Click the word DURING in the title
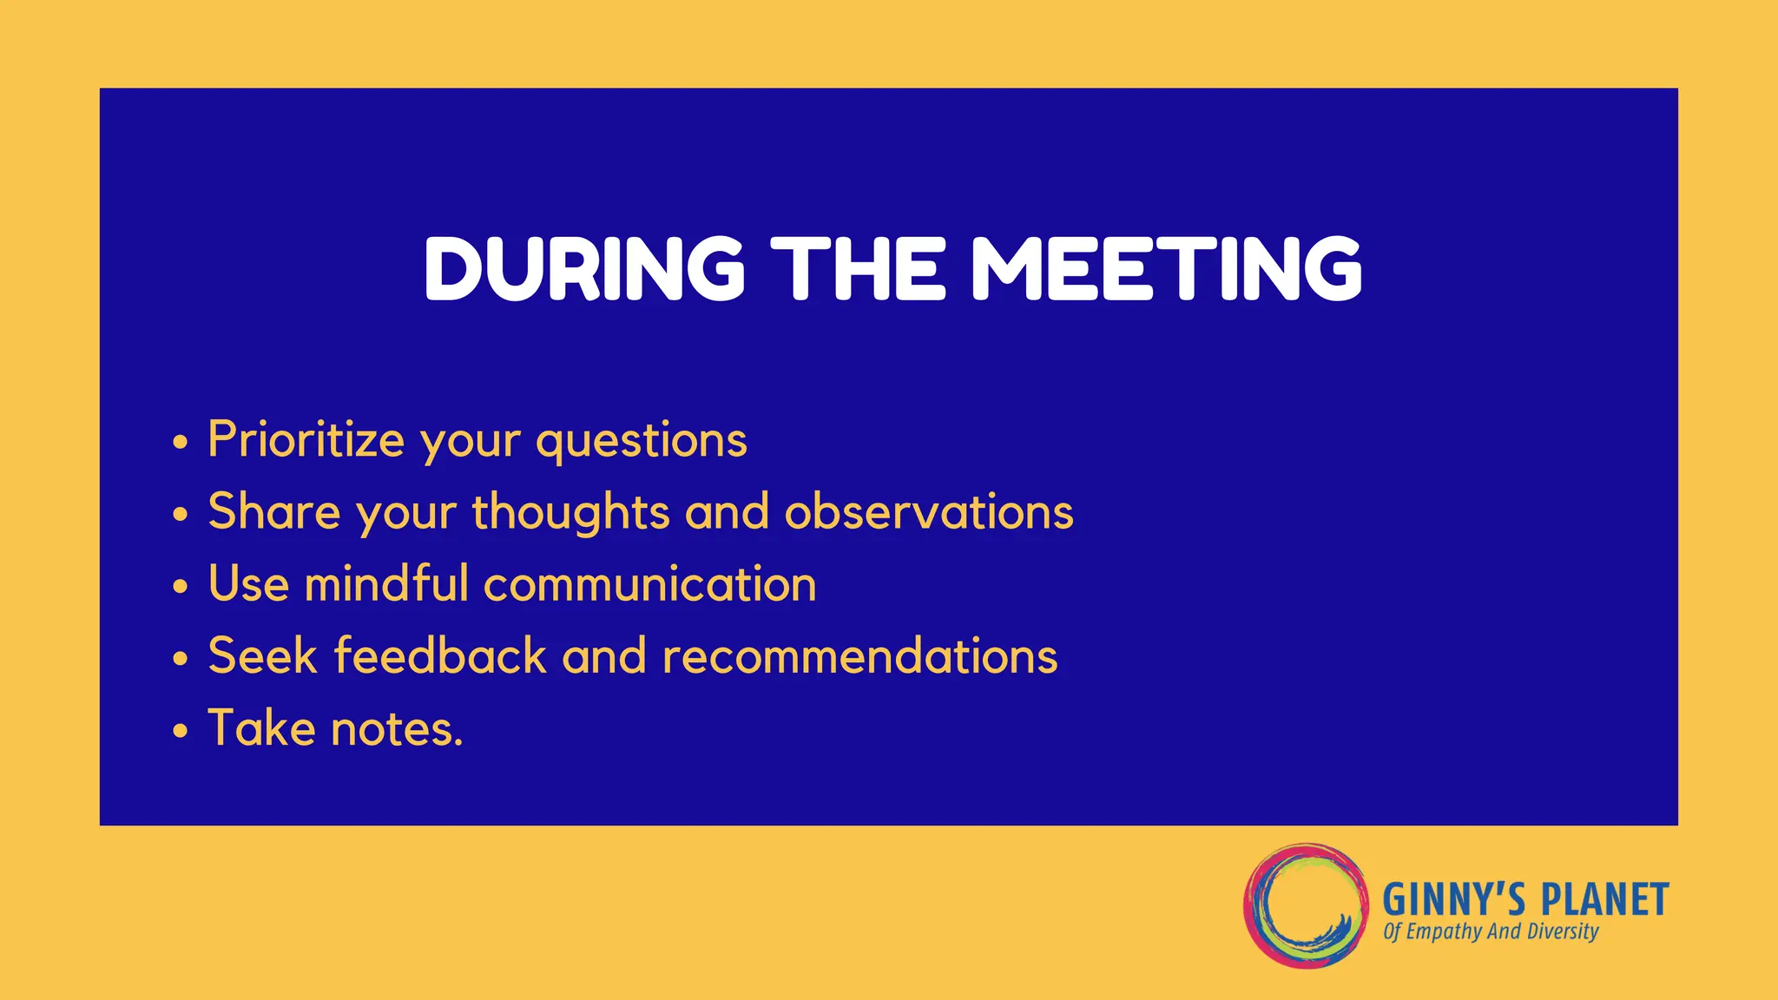(584, 268)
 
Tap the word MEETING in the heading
(1166, 268)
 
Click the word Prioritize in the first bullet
(306, 440)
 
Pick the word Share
(273, 511)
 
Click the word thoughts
(570, 512)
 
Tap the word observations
(929, 511)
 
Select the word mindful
(386, 582)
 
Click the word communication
(649, 583)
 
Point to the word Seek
(262, 655)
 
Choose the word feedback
(440, 655)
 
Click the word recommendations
(859, 655)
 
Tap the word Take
(261, 727)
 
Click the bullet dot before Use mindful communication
(180, 587)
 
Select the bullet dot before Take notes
(180, 731)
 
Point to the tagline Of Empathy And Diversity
(1491, 932)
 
